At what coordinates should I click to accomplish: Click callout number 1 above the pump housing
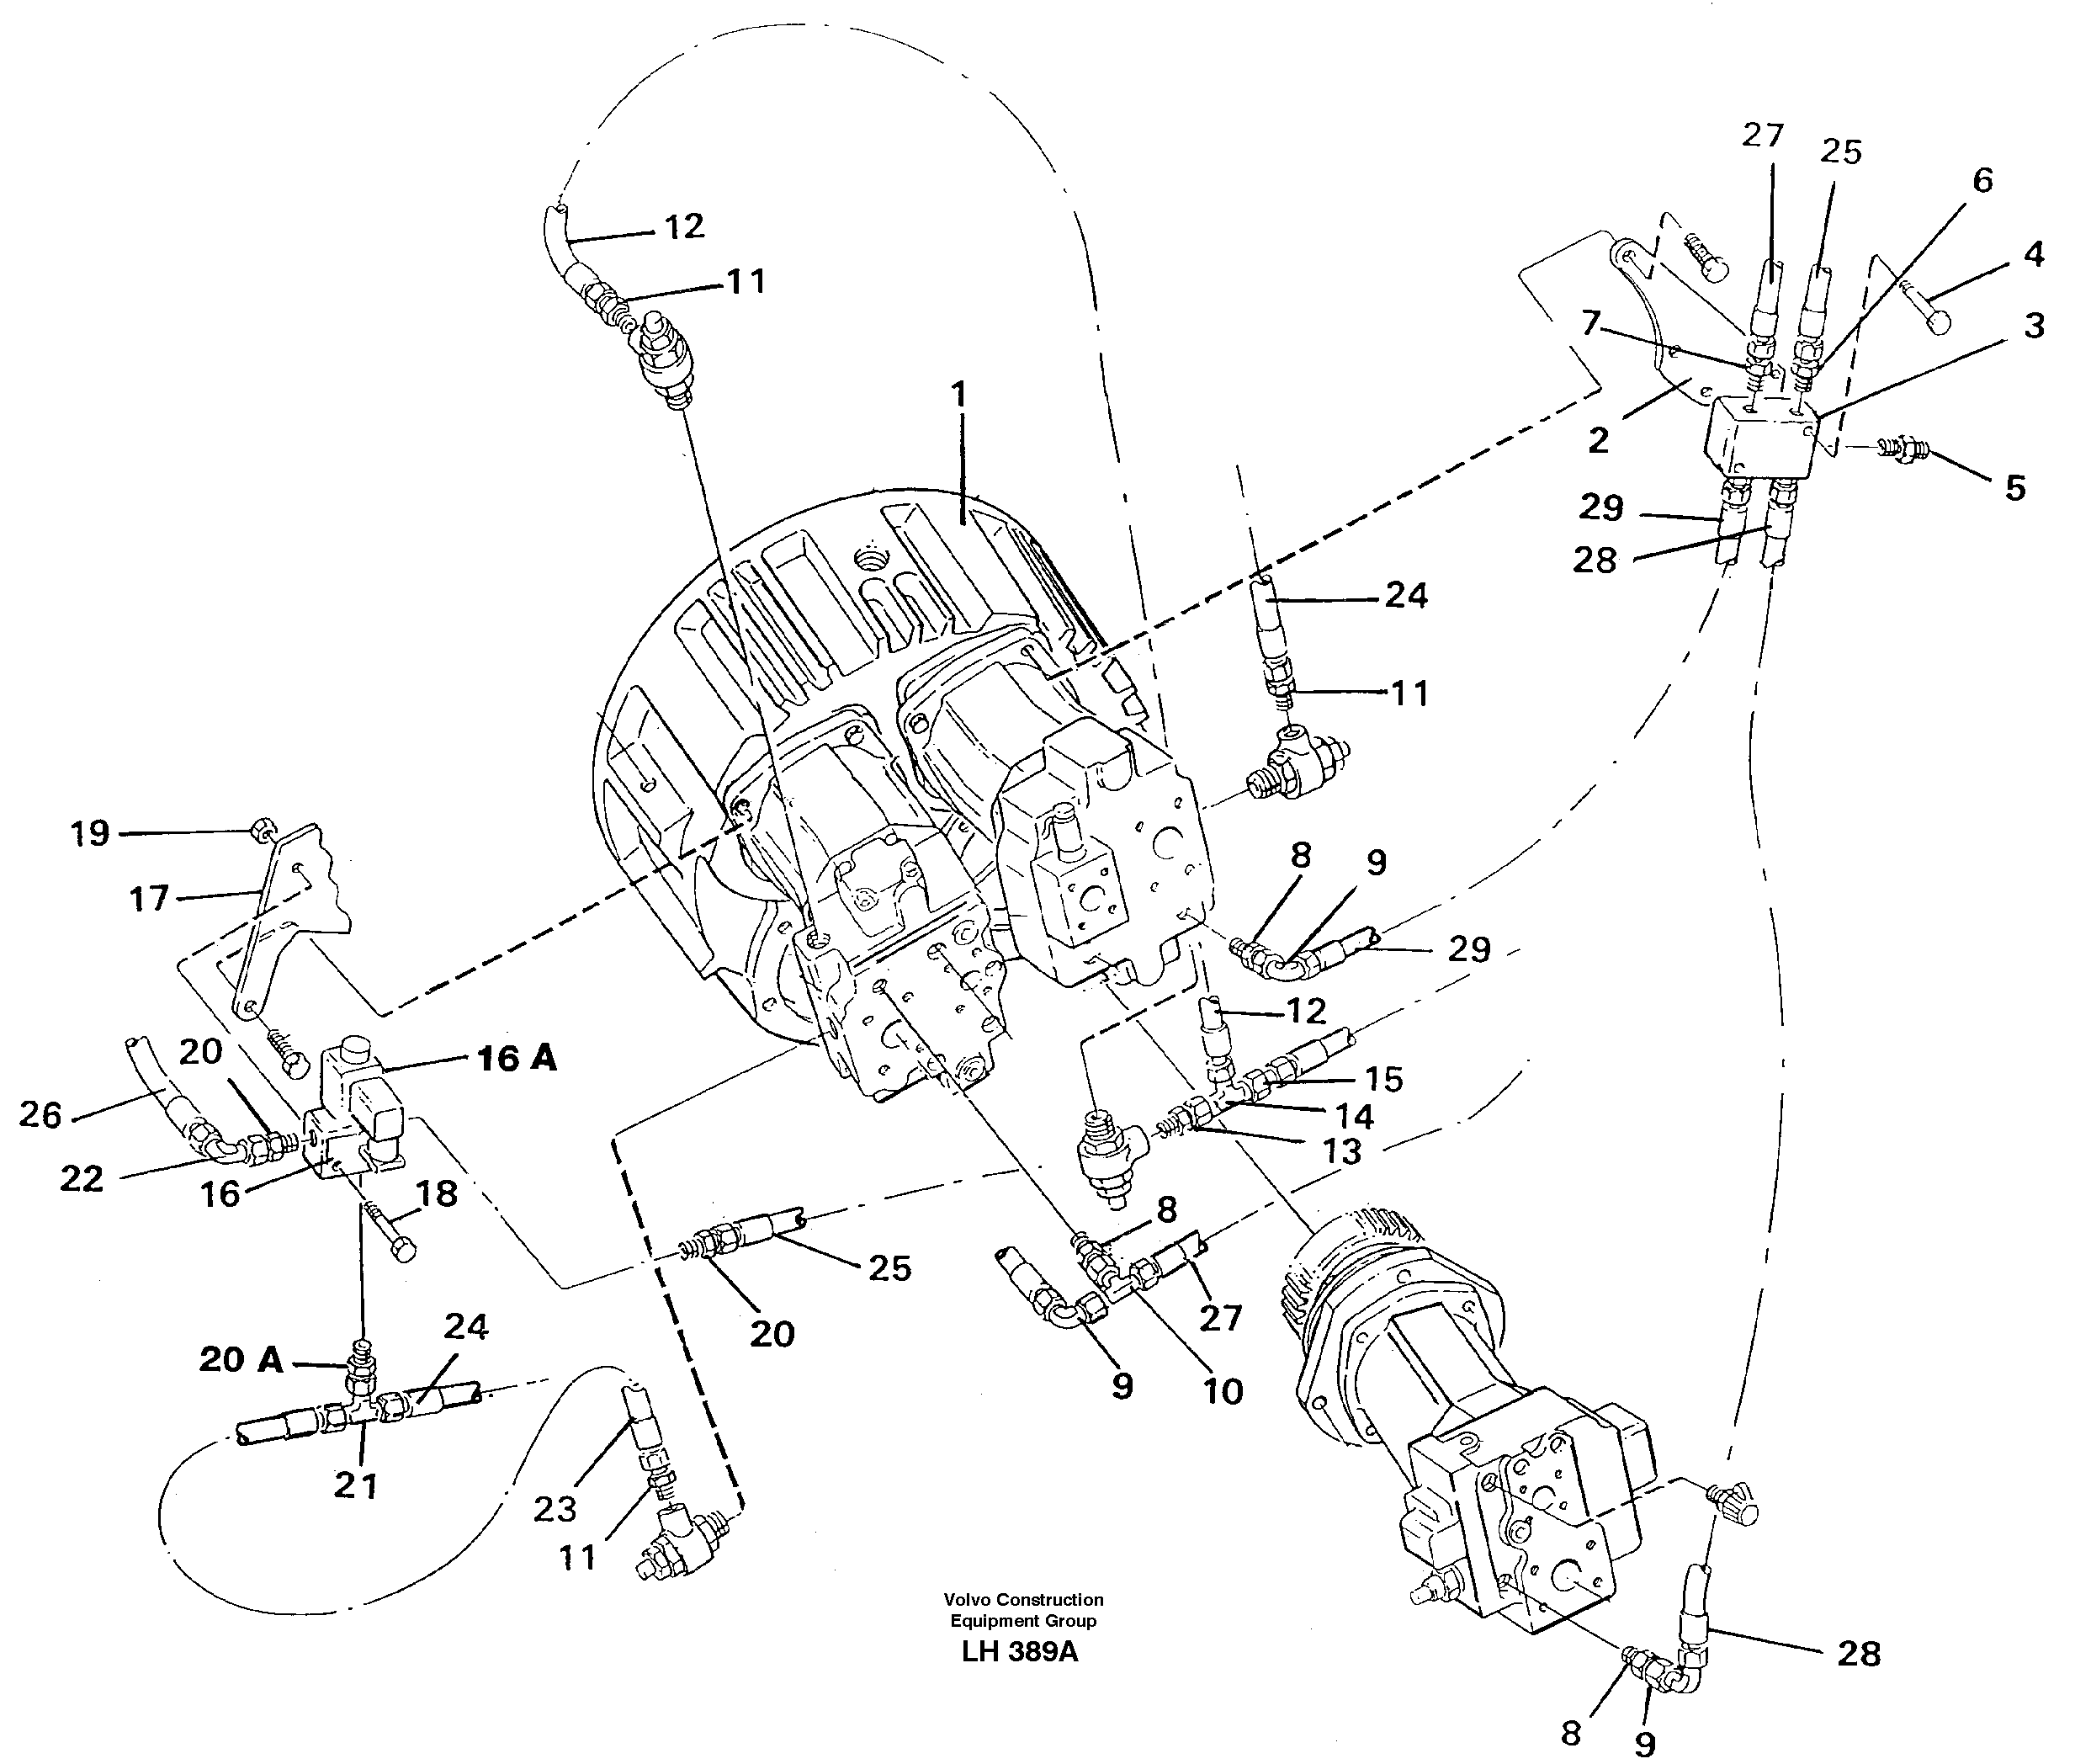[959, 395]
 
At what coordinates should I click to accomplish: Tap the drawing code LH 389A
[1019, 1651]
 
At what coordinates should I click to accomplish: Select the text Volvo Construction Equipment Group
[1022, 1610]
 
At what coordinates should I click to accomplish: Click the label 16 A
[516, 1059]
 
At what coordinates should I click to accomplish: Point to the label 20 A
[241, 1359]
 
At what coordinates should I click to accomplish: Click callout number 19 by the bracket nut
[90, 833]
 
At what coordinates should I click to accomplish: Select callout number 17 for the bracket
[149, 898]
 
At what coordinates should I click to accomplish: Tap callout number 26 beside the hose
[41, 1114]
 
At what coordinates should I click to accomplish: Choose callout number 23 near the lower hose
[555, 1508]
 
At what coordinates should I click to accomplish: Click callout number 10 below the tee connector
[1223, 1391]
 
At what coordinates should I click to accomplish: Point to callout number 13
[1342, 1152]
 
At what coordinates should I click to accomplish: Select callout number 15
[1384, 1079]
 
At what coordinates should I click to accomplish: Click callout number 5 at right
[2015, 488]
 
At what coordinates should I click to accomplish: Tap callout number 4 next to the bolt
[2034, 255]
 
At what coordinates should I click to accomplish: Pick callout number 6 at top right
[1982, 180]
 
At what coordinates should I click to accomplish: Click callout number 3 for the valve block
[2034, 326]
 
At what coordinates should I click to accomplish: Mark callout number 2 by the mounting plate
[1599, 440]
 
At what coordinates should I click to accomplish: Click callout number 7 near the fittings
[1591, 323]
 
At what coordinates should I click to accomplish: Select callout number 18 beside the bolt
[437, 1193]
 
